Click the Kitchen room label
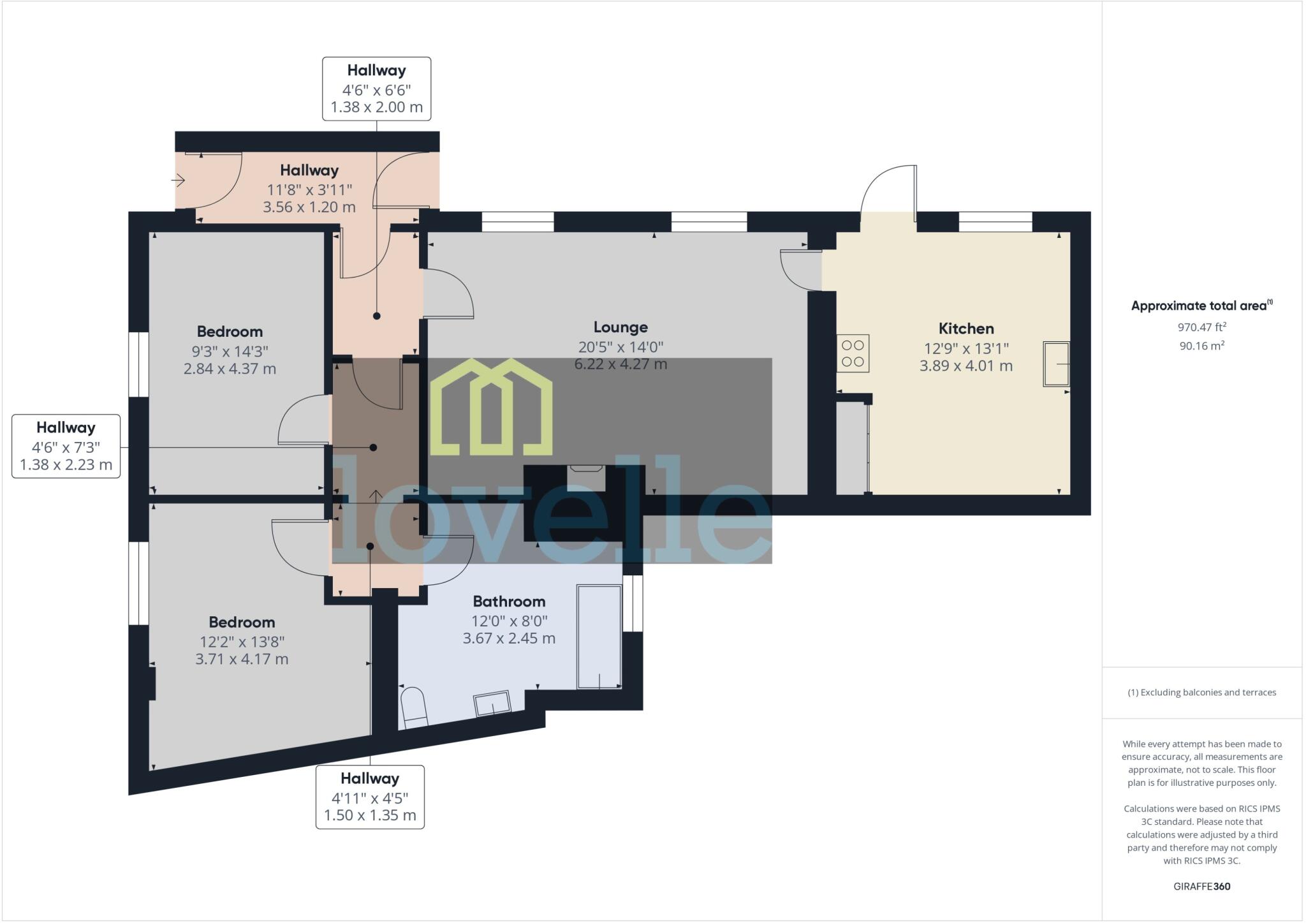[x=965, y=329]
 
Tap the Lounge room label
[x=620, y=327]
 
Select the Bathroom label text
[x=509, y=602]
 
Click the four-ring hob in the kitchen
[x=853, y=353]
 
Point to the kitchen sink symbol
[x=1056, y=364]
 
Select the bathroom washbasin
[x=492, y=704]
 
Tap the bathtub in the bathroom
[x=599, y=636]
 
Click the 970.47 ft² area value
[x=1201, y=327]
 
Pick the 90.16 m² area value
[x=1201, y=346]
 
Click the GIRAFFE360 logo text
[x=1201, y=886]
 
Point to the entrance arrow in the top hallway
[x=178, y=181]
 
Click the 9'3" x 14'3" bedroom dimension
[x=230, y=351]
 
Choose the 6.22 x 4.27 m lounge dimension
[x=620, y=364]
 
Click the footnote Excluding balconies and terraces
[x=1201, y=692]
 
